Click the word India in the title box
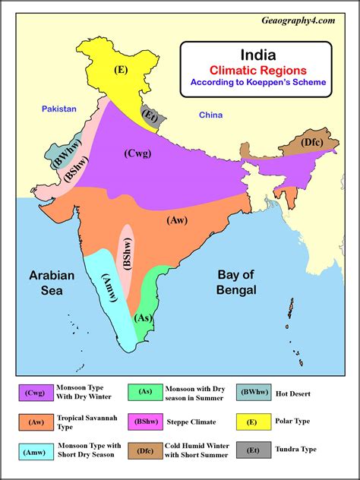[x=255, y=55]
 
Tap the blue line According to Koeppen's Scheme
[x=257, y=82]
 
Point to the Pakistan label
[x=59, y=109]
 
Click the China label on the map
[x=210, y=115]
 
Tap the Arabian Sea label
[x=52, y=283]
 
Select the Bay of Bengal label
[x=235, y=283]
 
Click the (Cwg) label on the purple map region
[x=137, y=153]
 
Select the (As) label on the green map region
[x=142, y=318]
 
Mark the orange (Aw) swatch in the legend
[x=35, y=422]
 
